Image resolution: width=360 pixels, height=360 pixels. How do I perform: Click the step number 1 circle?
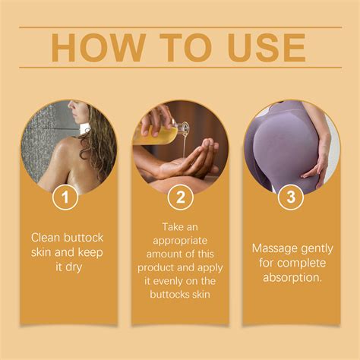pyautogui.click(x=66, y=199)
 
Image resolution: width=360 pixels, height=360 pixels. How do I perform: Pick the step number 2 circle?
pyautogui.click(x=180, y=199)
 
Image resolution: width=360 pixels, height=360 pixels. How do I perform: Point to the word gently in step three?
pyautogui.click(x=318, y=248)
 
